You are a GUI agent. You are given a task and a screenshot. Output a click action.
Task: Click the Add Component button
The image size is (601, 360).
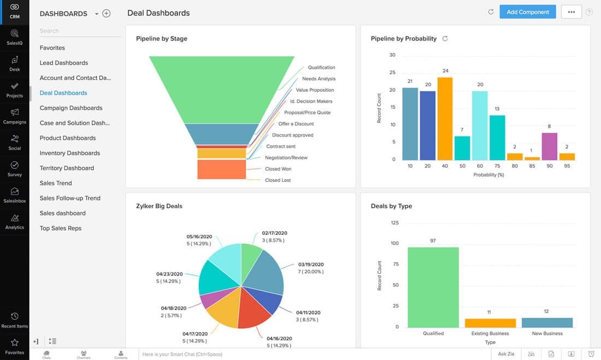tap(527, 12)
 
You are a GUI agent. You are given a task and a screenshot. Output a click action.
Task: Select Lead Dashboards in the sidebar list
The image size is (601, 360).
tap(63, 63)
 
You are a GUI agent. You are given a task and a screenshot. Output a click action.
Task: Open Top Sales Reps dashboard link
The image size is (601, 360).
tap(60, 228)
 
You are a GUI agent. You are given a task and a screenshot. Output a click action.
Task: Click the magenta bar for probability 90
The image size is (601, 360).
tap(550, 146)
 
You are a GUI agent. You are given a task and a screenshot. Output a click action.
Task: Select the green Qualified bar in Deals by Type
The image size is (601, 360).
tap(433, 287)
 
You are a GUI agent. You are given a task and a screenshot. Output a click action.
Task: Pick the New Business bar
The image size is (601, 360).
tap(547, 322)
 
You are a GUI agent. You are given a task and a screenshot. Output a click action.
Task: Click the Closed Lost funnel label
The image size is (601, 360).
tap(278, 180)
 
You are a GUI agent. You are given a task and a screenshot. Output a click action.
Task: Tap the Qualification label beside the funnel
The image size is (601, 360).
tap(321, 68)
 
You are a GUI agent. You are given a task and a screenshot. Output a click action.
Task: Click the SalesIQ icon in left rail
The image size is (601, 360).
tap(15, 37)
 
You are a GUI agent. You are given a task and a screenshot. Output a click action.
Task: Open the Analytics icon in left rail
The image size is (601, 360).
tap(15, 221)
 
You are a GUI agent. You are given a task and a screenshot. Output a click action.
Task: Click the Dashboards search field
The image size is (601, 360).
tap(79, 31)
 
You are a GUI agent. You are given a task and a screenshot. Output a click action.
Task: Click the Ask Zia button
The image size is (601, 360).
tap(506, 354)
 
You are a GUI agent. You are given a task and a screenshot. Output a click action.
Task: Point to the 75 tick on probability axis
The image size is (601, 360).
tap(497, 166)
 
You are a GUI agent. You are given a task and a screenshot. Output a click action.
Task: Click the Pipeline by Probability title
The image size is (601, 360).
tap(403, 39)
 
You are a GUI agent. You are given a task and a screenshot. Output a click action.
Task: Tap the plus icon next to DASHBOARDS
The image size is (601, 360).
tap(107, 14)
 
